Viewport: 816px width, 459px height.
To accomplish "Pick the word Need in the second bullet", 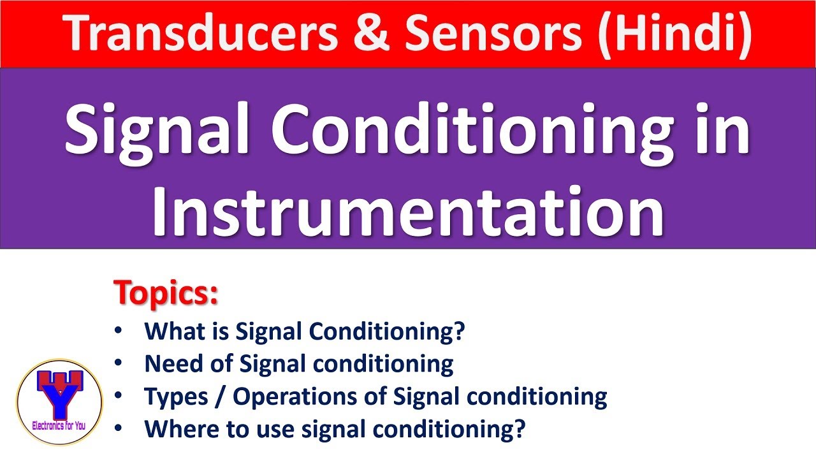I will (170, 364).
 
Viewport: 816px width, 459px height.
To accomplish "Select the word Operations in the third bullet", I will (299, 397).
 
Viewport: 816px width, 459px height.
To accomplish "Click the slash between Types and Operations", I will (220, 397).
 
